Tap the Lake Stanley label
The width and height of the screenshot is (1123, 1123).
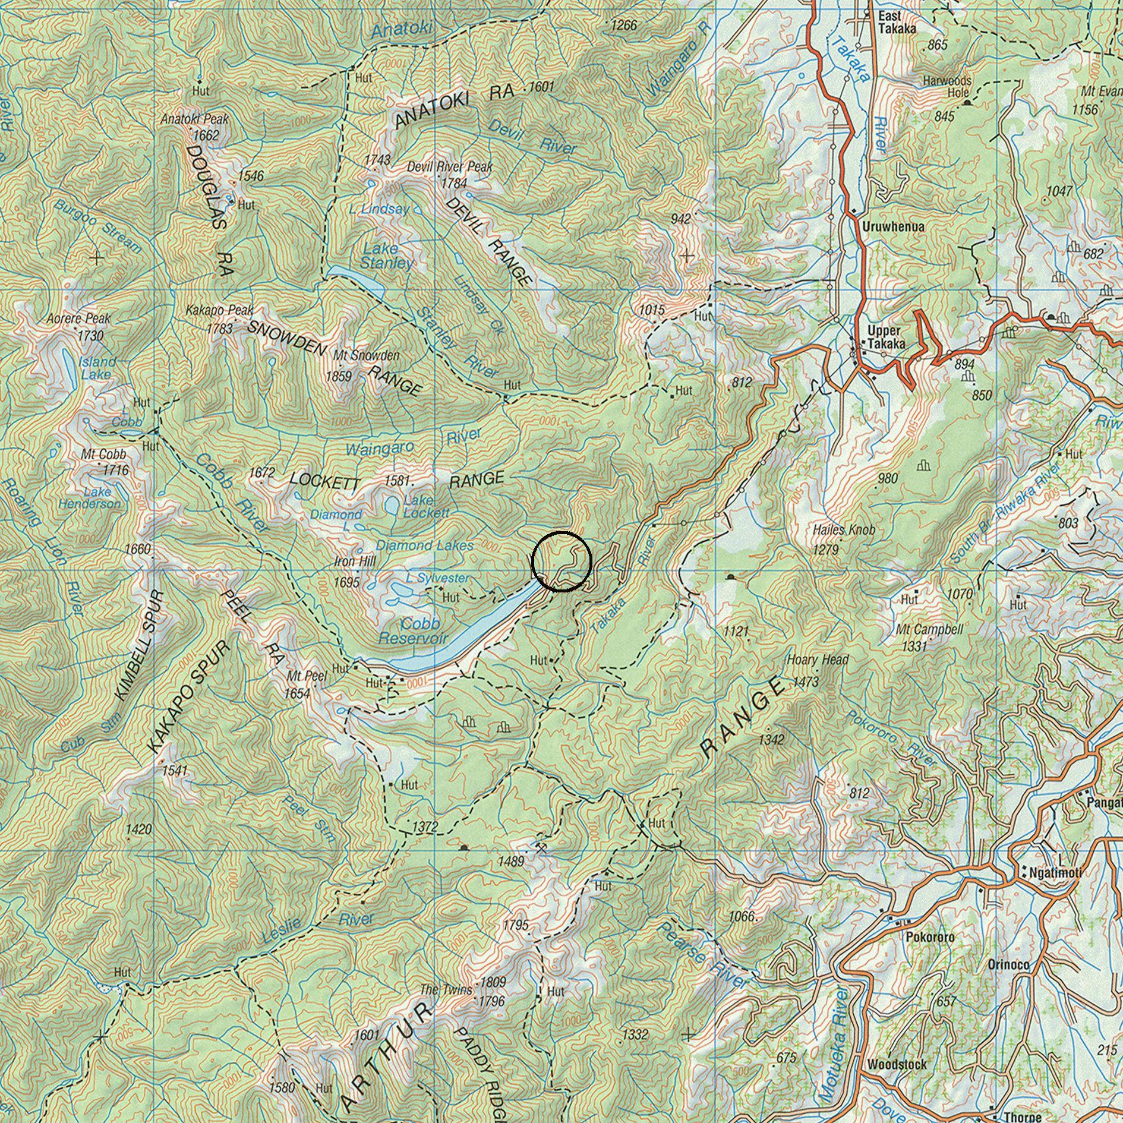click(x=387, y=255)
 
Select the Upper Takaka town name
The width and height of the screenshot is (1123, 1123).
click(x=886, y=337)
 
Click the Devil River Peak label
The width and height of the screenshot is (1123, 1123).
click(x=449, y=167)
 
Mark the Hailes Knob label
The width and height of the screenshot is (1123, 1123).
click(x=844, y=529)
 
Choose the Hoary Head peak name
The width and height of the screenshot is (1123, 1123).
click(x=817, y=660)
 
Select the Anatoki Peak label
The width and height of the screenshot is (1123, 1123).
click(x=194, y=119)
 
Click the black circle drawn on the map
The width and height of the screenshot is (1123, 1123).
click(x=561, y=561)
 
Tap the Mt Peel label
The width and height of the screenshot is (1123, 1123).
click(x=307, y=676)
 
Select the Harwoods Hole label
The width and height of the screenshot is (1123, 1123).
click(x=947, y=86)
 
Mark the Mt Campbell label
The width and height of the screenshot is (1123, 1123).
click(x=930, y=629)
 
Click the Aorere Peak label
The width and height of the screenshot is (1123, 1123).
click(x=78, y=319)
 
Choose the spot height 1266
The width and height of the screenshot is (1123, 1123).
click(x=623, y=25)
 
